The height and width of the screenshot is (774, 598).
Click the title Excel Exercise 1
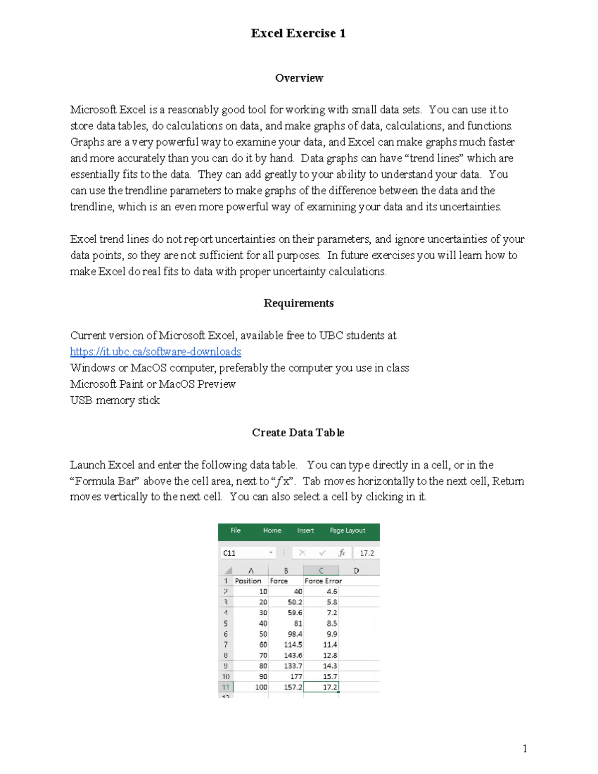tap(298, 33)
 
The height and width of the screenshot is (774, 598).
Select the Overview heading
tap(299, 78)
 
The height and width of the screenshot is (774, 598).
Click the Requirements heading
tap(299, 303)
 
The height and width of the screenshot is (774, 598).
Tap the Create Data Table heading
tap(298, 433)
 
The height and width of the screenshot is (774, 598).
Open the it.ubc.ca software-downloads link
tap(155, 351)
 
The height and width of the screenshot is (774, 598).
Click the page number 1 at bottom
tap(524, 748)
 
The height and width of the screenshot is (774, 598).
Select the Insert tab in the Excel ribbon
tap(305, 530)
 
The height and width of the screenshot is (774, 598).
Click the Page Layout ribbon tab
tap(347, 530)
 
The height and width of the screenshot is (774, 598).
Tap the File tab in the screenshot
tap(236, 530)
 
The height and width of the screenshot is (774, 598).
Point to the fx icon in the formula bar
tap(341, 553)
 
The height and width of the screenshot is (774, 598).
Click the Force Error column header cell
tap(323, 581)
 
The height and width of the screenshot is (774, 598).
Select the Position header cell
tap(248, 581)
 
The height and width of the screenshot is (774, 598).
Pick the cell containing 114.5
tap(293, 644)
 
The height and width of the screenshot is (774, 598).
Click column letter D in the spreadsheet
tap(356, 570)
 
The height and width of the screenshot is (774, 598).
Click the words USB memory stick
tap(115, 400)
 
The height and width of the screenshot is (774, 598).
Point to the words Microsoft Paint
tap(106, 384)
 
